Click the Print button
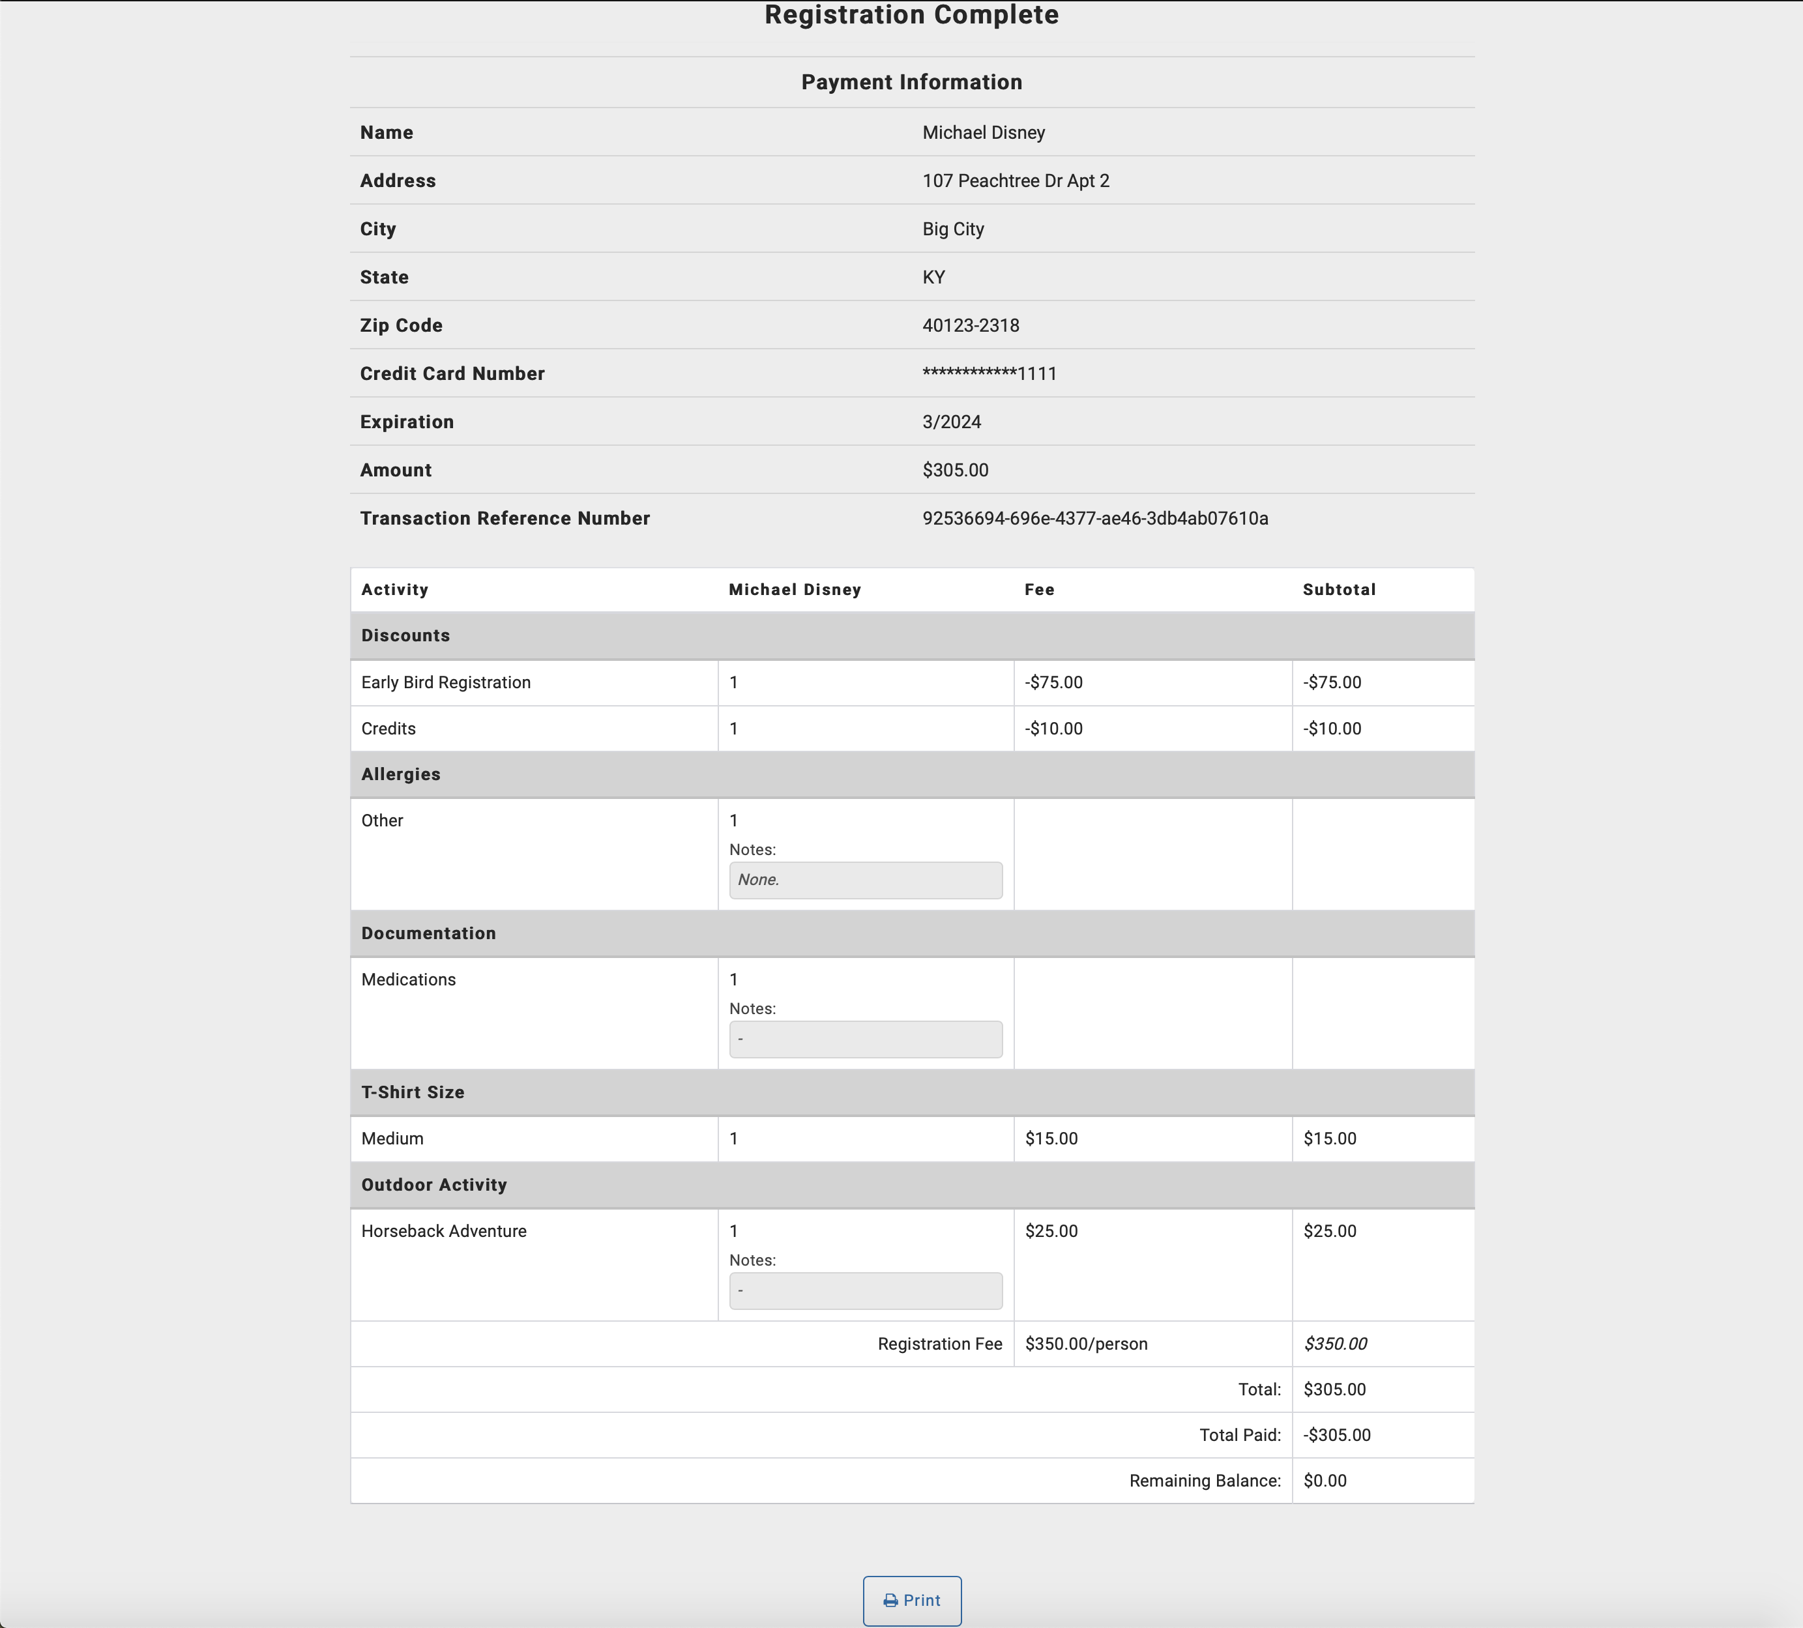(x=911, y=1600)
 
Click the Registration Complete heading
(x=911, y=15)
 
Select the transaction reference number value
(x=1094, y=519)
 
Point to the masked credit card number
(x=989, y=373)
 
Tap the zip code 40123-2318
(x=971, y=325)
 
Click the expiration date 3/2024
(x=952, y=422)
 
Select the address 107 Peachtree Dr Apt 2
(x=1015, y=181)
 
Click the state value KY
(x=933, y=277)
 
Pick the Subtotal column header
(x=1339, y=590)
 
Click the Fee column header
(x=1039, y=590)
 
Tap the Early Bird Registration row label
(x=445, y=682)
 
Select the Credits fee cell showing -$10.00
(x=1053, y=729)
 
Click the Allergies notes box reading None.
(x=865, y=880)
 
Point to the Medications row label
(x=408, y=980)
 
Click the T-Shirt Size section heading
(x=413, y=1092)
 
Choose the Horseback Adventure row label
(x=444, y=1231)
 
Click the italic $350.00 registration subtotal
(x=1334, y=1344)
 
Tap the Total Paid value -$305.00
(x=1336, y=1435)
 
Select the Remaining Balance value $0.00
(x=1325, y=1481)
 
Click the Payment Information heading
(x=911, y=82)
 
